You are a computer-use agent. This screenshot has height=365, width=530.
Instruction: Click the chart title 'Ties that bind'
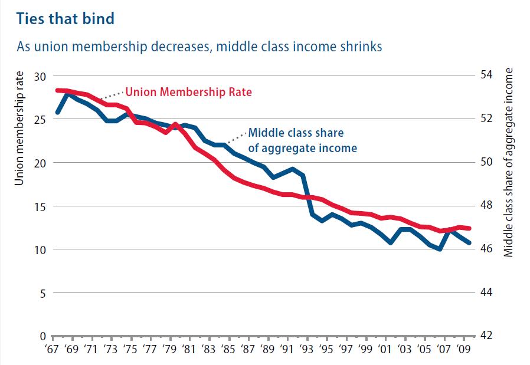pos(66,18)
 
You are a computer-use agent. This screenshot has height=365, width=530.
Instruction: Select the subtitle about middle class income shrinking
pos(199,46)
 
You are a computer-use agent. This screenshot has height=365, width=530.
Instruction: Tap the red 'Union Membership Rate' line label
pos(189,92)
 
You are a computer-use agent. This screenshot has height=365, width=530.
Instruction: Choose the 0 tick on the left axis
pos(43,336)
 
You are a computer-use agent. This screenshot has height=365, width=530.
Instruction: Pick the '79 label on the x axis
pos(169,350)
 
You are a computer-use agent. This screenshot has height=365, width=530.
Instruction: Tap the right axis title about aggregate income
pos(509,162)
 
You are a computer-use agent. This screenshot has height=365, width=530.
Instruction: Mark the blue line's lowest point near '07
pos(440,249)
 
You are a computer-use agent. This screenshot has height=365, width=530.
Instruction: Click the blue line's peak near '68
pos(67,93)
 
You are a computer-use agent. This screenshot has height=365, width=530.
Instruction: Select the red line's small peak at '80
pos(175,124)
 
